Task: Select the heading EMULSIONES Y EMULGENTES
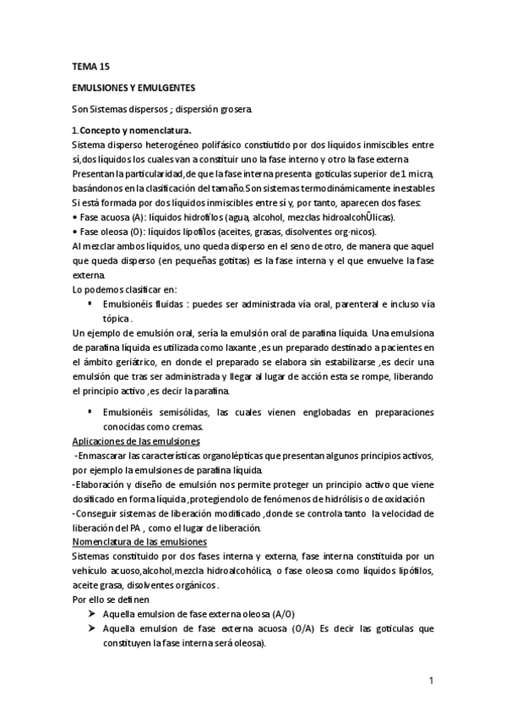pyautogui.click(x=133, y=87)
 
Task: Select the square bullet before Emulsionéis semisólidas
pyautogui.click(x=90, y=413)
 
